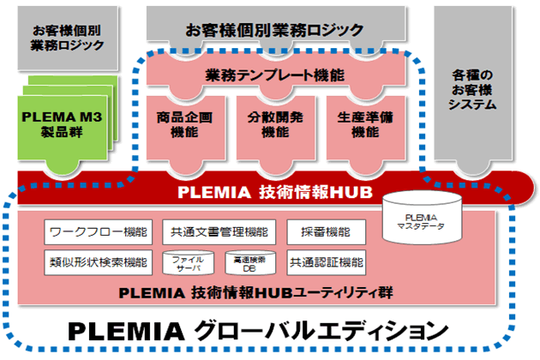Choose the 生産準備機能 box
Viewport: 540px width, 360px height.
(x=364, y=123)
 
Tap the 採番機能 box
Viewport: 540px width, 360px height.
(x=321, y=231)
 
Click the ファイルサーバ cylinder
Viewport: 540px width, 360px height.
(x=188, y=262)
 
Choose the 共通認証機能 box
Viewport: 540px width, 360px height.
(x=326, y=261)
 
